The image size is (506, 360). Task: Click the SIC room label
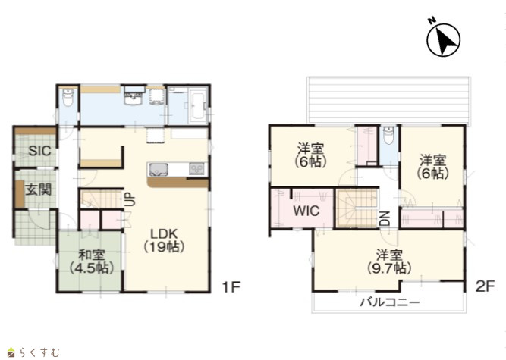39,151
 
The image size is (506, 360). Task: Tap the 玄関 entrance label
39,189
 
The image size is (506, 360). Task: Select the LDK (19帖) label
164,240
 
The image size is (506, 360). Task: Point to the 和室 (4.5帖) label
92,261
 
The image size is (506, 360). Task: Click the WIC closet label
306,211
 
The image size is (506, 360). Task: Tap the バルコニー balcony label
390,302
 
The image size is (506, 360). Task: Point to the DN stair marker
385,218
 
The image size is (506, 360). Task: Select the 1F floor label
231,286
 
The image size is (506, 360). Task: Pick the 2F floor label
486,286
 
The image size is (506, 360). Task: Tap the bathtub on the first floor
196,105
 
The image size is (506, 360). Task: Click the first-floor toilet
68,97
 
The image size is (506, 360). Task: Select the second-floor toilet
388,136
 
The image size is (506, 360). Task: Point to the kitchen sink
158,169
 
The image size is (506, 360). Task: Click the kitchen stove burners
196,169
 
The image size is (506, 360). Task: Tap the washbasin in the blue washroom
134,95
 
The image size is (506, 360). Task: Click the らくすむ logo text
39,352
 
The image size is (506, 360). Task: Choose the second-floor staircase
357,208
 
